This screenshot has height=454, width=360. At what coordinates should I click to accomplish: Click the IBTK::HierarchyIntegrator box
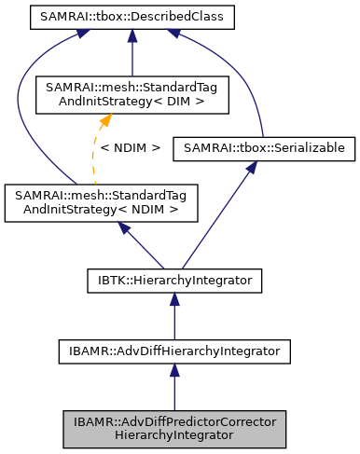[173, 278]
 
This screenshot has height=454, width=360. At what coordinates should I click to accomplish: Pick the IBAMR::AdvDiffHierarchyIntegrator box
[173, 351]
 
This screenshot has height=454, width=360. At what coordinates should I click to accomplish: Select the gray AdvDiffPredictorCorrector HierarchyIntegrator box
[173, 427]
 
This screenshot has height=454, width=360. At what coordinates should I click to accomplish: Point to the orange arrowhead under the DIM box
[107, 119]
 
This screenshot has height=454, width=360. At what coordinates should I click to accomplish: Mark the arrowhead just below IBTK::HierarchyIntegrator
[173, 298]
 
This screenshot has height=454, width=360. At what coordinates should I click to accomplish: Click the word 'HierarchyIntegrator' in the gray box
[173, 434]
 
